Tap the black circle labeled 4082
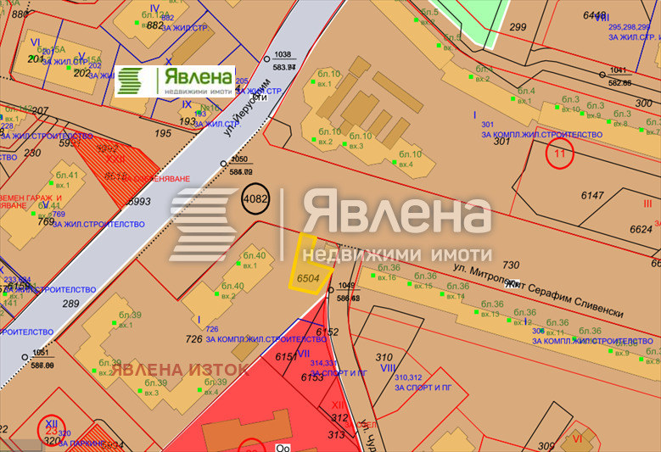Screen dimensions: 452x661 [255, 200]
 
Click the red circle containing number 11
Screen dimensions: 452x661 [559, 154]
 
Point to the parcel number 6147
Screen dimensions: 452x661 [592, 195]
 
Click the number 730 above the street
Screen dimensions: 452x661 [510, 265]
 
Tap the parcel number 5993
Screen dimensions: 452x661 [139, 201]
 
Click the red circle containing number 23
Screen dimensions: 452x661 [53, 427]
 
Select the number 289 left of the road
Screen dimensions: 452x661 [70, 303]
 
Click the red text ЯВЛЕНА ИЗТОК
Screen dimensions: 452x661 [181, 369]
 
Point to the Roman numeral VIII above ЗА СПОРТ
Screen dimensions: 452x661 [389, 368]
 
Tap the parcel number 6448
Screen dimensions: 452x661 [596, 15]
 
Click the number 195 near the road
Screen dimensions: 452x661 [163, 133]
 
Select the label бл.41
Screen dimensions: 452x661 [66, 176]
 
